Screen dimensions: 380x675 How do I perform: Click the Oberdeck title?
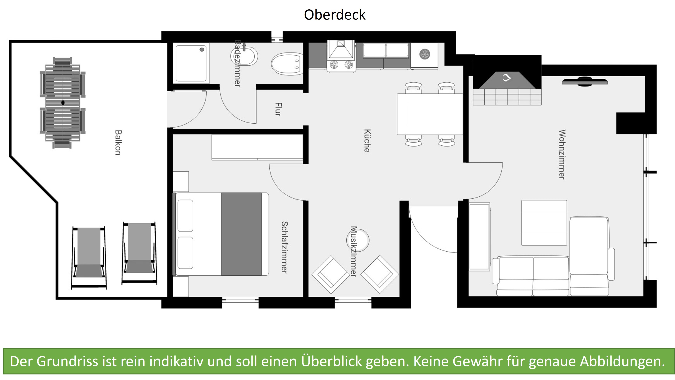(335, 15)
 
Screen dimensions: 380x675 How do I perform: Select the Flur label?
(278, 109)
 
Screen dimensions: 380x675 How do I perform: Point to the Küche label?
(367, 141)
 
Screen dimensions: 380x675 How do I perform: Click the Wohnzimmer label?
(562, 154)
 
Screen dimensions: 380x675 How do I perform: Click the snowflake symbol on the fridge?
(423, 54)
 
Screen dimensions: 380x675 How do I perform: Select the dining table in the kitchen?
(430, 114)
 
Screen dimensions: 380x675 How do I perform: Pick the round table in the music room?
(358, 240)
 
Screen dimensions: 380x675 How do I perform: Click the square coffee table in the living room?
(544, 223)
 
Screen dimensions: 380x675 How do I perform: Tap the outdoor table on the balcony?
(63, 103)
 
